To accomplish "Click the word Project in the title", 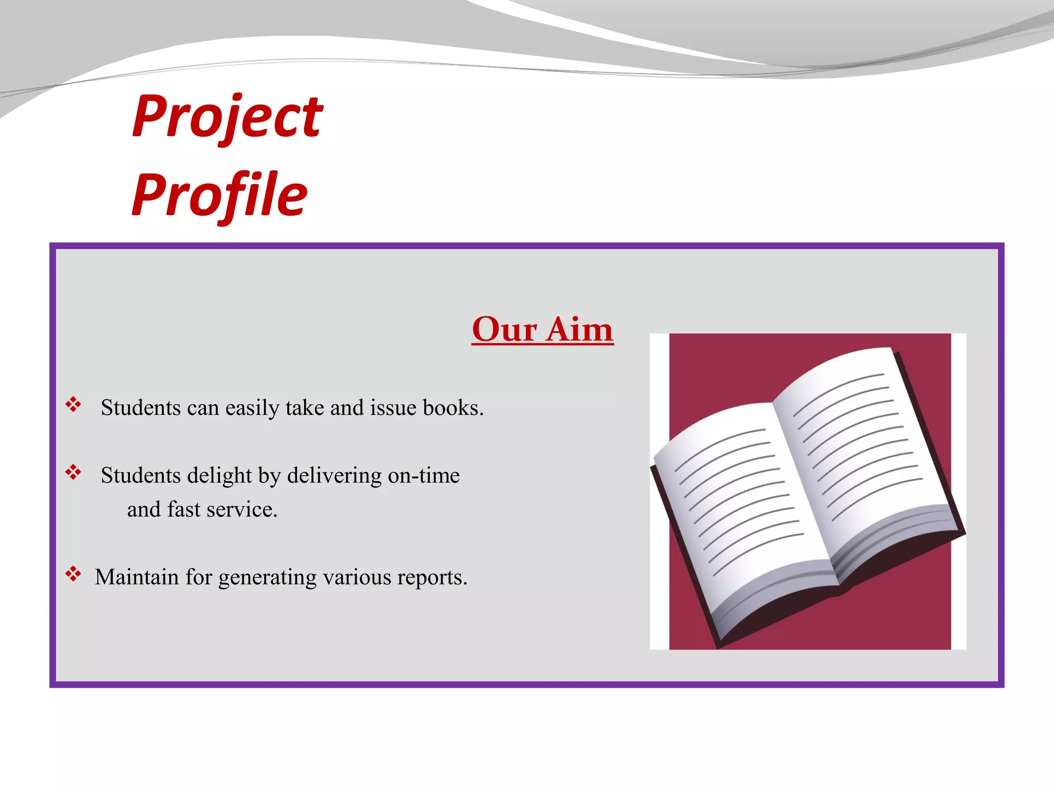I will (x=227, y=117).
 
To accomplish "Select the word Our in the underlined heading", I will (x=504, y=329).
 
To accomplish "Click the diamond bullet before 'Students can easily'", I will (x=73, y=405).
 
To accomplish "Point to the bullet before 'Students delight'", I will (x=73, y=472).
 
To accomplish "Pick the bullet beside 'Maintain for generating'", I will (x=73, y=574).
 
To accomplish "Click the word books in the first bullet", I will (x=453, y=408).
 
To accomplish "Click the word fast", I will (x=184, y=510).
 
